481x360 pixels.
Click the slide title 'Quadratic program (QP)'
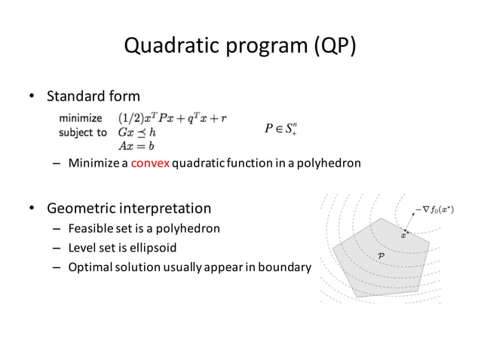tap(240, 47)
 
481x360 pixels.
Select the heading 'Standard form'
tap(93, 96)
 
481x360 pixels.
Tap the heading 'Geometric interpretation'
tap(129, 207)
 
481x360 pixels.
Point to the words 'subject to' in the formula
tap(82, 132)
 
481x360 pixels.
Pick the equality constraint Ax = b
tap(136, 145)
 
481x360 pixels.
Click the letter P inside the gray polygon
tap(381, 257)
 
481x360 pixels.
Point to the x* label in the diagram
tap(405, 235)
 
